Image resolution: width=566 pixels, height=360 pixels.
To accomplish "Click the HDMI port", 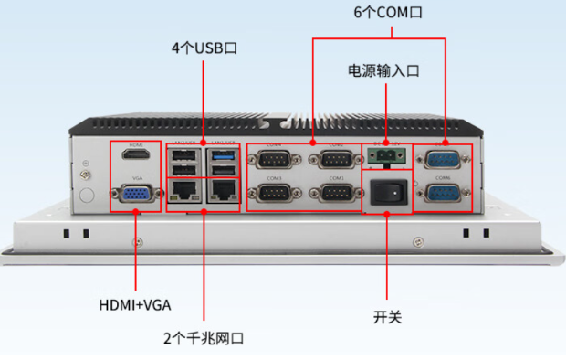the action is point(136,157).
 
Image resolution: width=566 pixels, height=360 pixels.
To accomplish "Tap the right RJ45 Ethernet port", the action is point(223,190).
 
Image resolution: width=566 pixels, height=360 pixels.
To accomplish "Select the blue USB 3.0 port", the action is point(223,156).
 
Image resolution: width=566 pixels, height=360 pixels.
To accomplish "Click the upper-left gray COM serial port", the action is point(274,159).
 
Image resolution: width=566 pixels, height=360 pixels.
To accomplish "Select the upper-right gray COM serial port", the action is point(334,159).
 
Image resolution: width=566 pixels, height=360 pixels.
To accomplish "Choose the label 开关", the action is point(387,317).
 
